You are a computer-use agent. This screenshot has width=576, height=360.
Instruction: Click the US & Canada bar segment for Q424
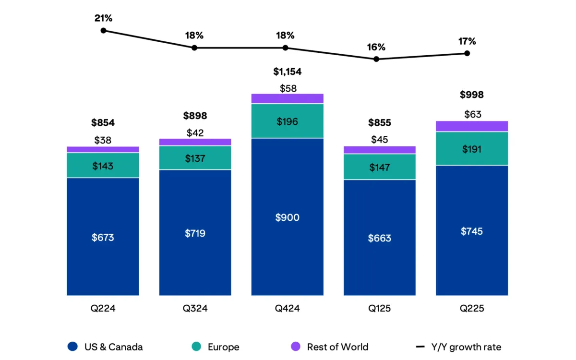pyautogui.click(x=287, y=217)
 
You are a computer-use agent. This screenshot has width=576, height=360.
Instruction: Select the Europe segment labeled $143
pyautogui.click(x=103, y=166)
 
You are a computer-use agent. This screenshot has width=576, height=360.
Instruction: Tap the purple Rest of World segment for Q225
pyautogui.click(x=472, y=126)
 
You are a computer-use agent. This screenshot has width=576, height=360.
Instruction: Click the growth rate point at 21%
pyautogui.click(x=103, y=30)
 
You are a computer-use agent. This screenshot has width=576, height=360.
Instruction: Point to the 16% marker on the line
pyautogui.click(x=376, y=59)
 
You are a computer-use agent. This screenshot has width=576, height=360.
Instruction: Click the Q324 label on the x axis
pyautogui.click(x=195, y=309)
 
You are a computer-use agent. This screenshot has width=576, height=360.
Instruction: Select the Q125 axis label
pyautogui.click(x=379, y=309)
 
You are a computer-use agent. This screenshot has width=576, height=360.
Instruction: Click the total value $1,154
pyautogui.click(x=287, y=72)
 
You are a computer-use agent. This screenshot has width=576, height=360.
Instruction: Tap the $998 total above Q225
pyautogui.click(x=472, y=95)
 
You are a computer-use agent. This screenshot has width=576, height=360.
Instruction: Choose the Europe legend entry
pyautogui.click(x=216, y=347)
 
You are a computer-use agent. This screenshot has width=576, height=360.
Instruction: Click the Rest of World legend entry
pyautogui.click(x=330, y=347)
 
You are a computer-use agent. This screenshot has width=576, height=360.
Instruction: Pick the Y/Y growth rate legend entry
pyautogui.click(x=458, y=347)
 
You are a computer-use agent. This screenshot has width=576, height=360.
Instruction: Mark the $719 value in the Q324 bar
pyautogui.click(x=195, y=233)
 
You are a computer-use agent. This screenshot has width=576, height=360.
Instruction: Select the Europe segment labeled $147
pyautogui.click(x=380, y=167)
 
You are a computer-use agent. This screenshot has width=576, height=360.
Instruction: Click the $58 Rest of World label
pyautogui.click(x=287, y=88)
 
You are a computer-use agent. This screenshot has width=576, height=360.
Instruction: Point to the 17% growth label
pyautogui.click(x=467, y=41)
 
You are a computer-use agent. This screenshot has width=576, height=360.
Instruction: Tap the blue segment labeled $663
pyautogui.click(x=380, y=238)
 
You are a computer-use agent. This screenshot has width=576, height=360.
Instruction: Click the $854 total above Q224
pyautogui.click(x=103, y=122)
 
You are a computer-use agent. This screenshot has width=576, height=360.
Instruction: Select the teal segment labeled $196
pyautogui.click(x=287, y=121)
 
